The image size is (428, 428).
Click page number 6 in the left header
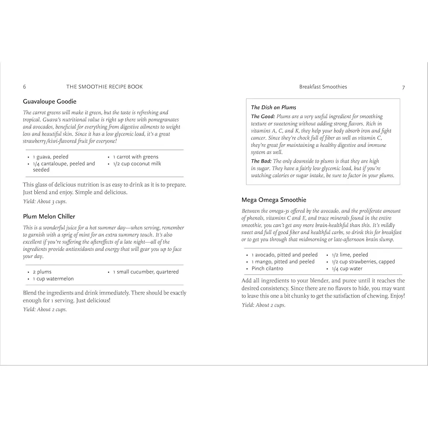click(24, 87)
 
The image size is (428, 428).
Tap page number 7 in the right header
click(403, 87)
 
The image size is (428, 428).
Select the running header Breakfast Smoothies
click(323, 87)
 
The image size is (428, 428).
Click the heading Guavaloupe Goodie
click(50, 102)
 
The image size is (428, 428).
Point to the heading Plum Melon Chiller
click(49, 217)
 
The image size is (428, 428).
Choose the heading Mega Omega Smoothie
click(274, 200)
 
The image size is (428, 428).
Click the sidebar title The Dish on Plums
click(273, 107)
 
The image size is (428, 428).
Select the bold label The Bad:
click(261, 161)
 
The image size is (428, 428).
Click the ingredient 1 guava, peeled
click(51, 157)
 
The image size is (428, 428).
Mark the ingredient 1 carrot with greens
click(136, 157)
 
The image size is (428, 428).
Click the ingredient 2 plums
click(42, 272)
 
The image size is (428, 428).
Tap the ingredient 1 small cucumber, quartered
click(146, 272)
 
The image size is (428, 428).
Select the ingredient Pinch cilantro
click(267, 269)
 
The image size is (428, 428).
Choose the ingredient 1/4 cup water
click(347, 269)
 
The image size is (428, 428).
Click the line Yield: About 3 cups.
click(45, 202)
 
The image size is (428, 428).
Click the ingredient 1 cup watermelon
click(53, 279)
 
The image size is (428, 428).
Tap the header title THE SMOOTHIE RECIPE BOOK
click(104, 87)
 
